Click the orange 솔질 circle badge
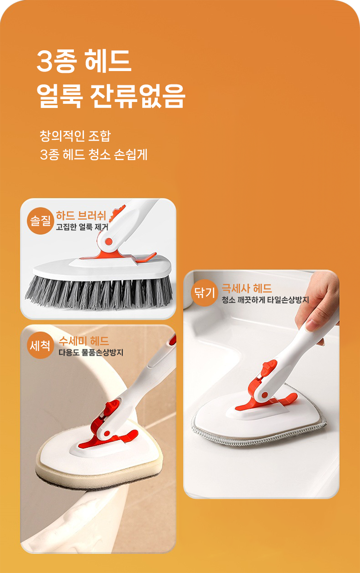[41, 221]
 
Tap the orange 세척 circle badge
[40, 345]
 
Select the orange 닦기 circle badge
[204, 292]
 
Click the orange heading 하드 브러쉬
[81, 215]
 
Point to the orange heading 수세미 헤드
[84, 341]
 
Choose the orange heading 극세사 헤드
[246, 288]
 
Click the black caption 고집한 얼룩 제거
[82, 227]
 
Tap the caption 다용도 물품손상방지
[91, 352]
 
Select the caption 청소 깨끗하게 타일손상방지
[265, 300]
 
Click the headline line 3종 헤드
[84, 61]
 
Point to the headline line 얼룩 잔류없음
[111, 96]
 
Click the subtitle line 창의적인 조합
[75, 136]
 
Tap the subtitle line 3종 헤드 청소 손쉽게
[94, 155]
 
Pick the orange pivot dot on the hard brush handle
[109, 241]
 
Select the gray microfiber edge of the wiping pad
[258, 432]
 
